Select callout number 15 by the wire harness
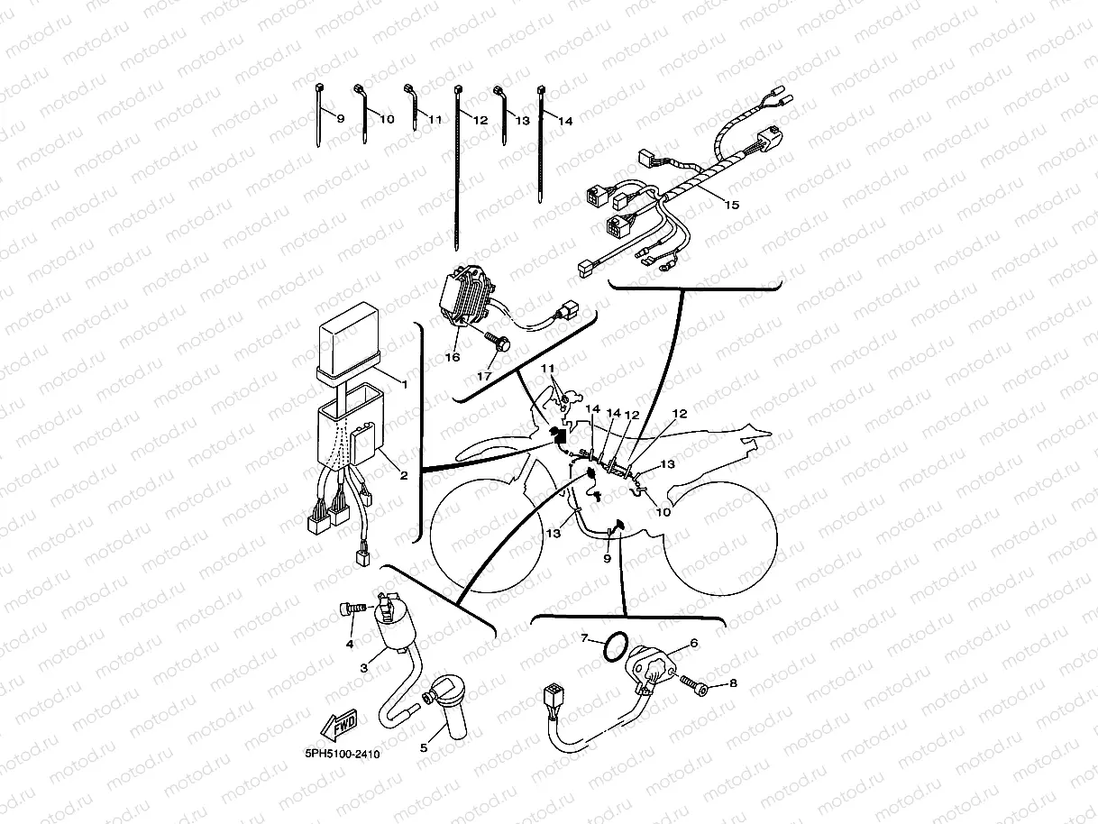coord(731,206)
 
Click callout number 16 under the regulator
coord(453,357)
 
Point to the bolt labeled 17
coord(498,343)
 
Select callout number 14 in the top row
coord(565,120)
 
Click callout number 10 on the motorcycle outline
coord(663,513)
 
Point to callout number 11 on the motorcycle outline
coord(549,370)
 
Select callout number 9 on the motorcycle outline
coord(607,559)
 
